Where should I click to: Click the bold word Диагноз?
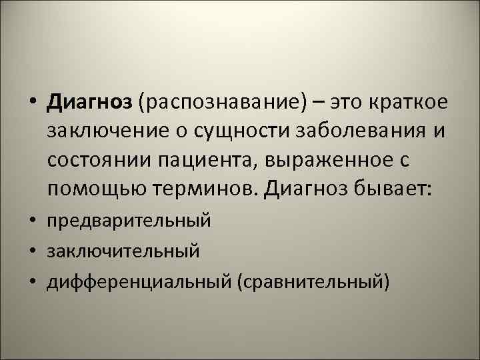click(91, 104)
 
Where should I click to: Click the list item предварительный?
click(128, 220)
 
